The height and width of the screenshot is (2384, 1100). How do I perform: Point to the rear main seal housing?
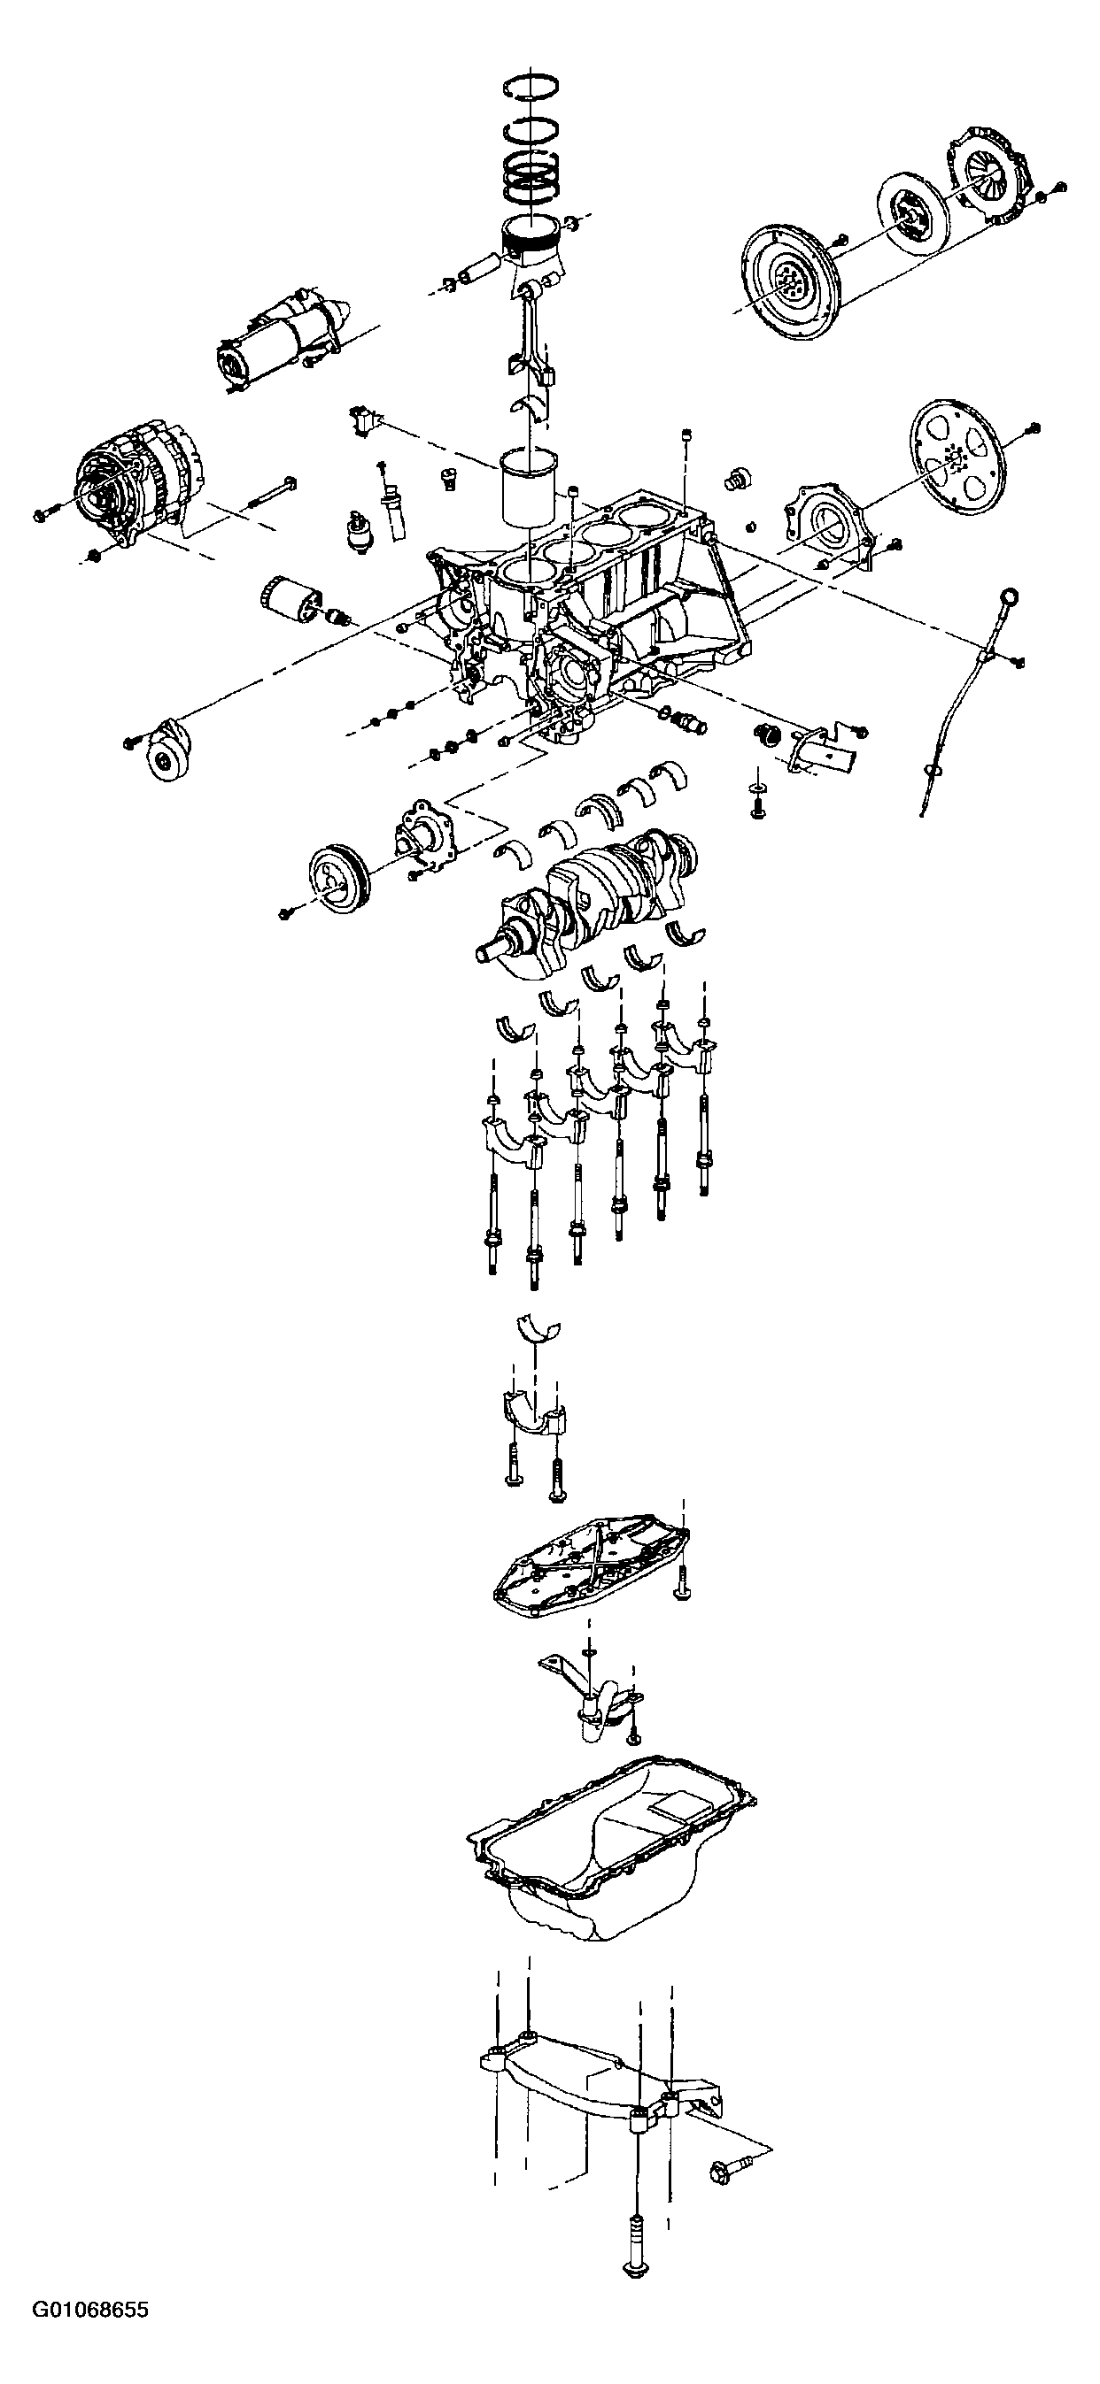[x=827, y=524]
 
